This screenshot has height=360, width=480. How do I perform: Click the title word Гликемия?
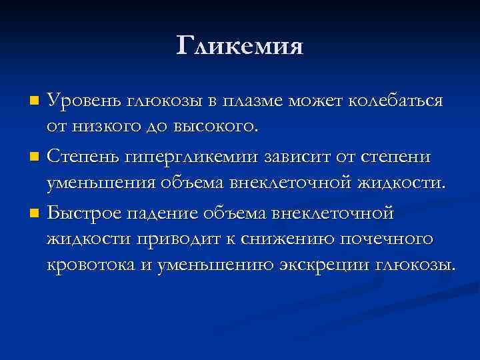tap(240, 45)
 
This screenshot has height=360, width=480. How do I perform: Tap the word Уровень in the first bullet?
tap(82, 101)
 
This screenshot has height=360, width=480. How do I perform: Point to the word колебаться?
tap(405, 101)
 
